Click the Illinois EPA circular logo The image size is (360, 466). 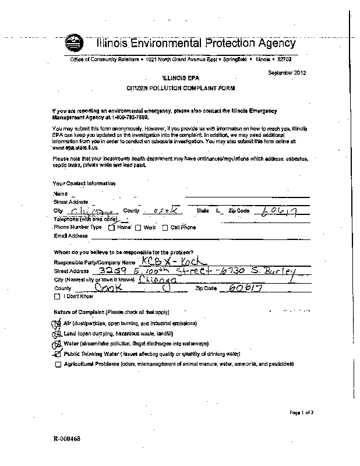click(x=74, y=43)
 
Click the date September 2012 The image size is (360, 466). click(x=287, y=73)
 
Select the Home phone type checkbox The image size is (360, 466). click(x=111, y=228)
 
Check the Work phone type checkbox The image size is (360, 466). click(x=138, y=228)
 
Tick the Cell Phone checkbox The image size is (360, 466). click(x=165, y=228)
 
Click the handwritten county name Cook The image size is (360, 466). click(x=107, y=288)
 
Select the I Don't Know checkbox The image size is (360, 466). click(x=57, y=296)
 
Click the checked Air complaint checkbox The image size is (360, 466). click(x=57, y=323)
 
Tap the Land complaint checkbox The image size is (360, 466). click(x=57, y=333)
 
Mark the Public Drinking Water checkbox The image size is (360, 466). click(x=57, y=354)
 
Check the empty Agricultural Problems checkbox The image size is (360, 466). click(x=57, y=365)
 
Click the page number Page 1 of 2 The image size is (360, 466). click(x=301, y=412)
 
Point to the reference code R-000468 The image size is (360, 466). click(x=66, y=439)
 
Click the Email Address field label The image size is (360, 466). click(x=70, y=236)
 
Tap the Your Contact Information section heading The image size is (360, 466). click(x=84, y=183)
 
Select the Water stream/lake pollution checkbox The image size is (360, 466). click(x=57, y=344)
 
